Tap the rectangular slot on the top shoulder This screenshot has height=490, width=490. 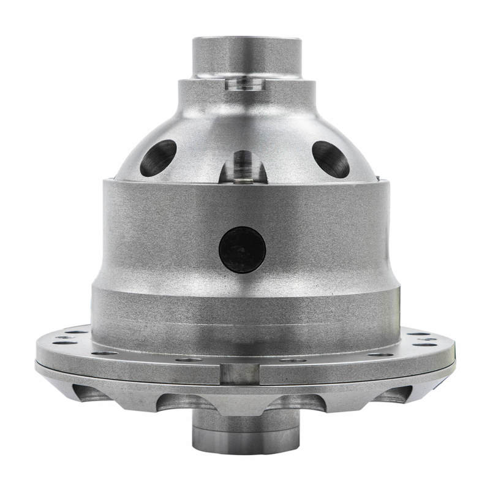pyautogui.click(x=245, y=83)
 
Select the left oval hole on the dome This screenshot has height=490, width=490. pyautogui.click(x=158, y=157)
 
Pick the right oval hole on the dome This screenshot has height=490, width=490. pyautogui.click(x=331, y=159)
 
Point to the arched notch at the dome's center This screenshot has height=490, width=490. pyautogui.click(x=244, y=167)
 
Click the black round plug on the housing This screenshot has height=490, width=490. pyautogui.click(x=243, y=249)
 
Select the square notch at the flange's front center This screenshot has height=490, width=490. pyautogui.click(x=239, y=373)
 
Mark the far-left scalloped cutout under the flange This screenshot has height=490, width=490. pyautogui.click(x=92, y=393)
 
